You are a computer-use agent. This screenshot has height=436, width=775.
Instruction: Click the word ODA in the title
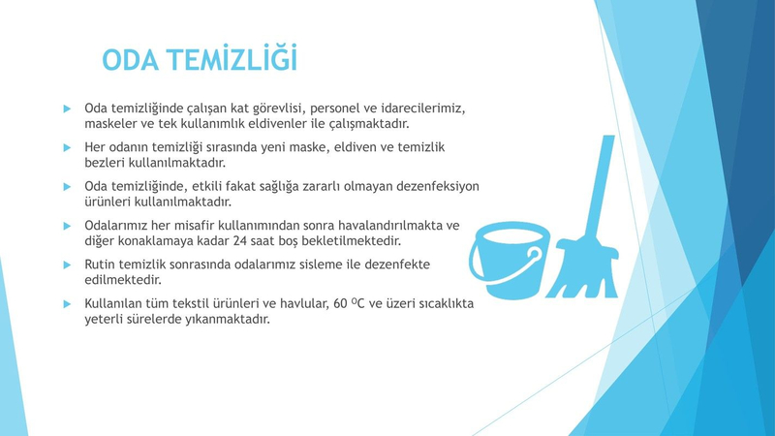(131, 60)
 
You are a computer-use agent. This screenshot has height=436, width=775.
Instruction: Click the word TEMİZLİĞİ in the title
(232, 58)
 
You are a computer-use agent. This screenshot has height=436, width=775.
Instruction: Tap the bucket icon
(510, 260)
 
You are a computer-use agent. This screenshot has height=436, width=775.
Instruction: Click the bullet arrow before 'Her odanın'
(67, 147)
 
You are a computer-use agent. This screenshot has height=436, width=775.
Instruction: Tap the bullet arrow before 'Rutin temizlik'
(67, 265)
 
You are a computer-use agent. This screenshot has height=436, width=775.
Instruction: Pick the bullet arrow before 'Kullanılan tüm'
(67, 304)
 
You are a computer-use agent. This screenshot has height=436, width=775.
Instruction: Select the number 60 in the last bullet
(341, 303)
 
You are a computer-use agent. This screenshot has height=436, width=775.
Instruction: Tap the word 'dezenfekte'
(397, 265)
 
